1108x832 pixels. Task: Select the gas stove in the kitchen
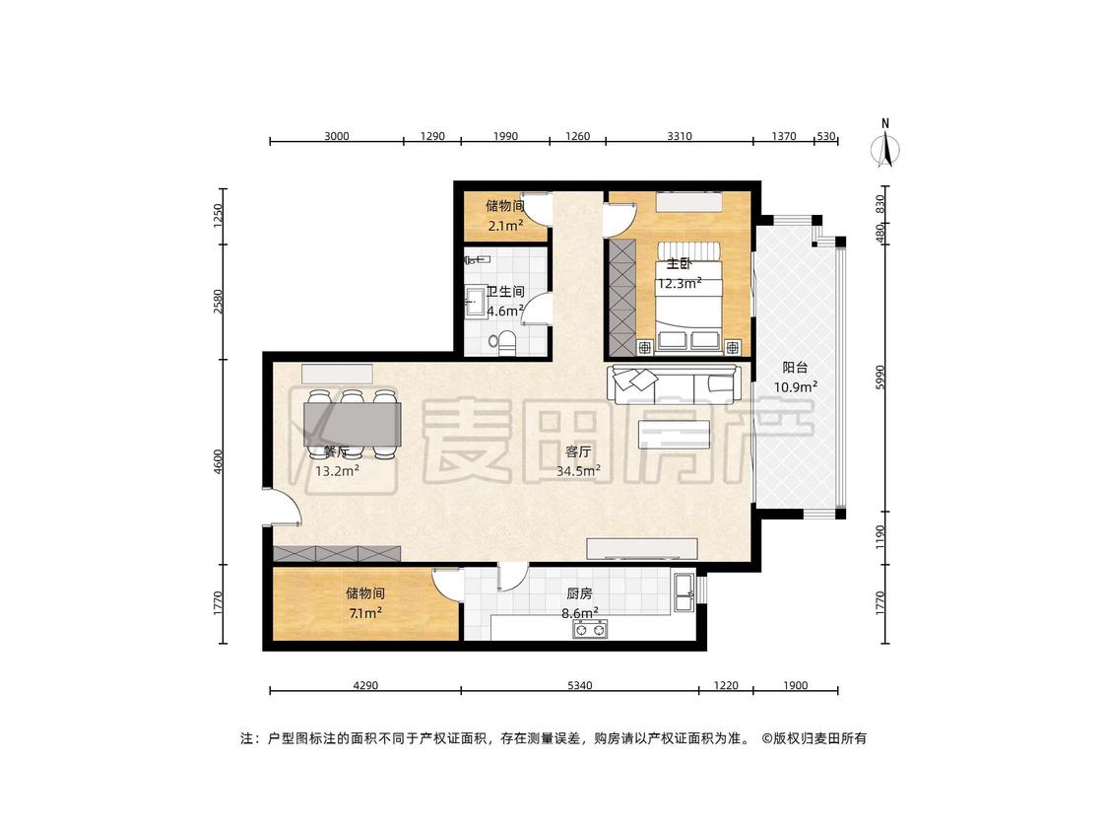590,629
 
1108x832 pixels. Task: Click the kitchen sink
684,592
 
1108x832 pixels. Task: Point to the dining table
352,423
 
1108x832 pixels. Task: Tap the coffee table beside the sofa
674,434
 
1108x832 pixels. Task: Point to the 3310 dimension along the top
679,136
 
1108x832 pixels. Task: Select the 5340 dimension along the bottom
579,685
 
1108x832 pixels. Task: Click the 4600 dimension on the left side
219,461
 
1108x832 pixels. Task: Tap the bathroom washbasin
474,301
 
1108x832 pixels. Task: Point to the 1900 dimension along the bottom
795,685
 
